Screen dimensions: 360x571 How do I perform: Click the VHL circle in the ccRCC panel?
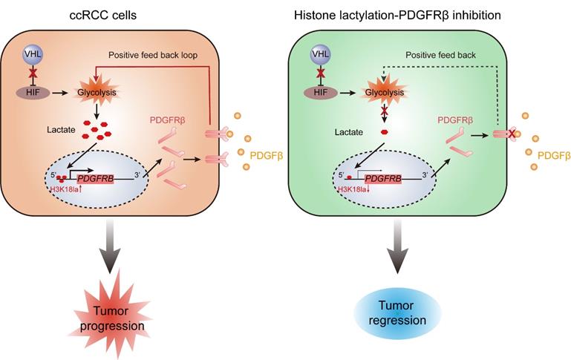(30, 56)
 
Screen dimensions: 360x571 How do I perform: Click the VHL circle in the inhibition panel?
(321, 56)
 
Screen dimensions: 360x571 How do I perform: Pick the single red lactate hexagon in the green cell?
(384, 131)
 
